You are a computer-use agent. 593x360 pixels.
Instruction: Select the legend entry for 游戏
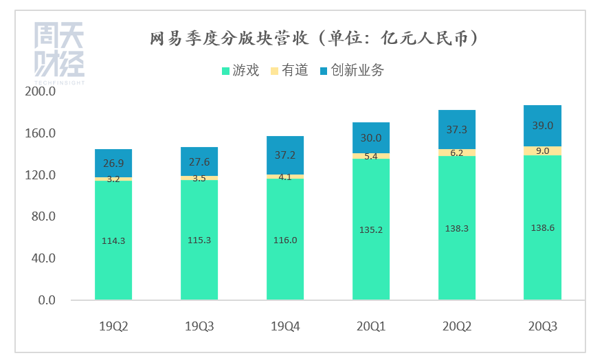point(240,70)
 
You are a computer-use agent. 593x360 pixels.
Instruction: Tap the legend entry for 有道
point(291,70)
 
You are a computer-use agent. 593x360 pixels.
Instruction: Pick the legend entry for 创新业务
point(351,70)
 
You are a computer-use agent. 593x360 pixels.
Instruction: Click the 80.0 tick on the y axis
point(42,216)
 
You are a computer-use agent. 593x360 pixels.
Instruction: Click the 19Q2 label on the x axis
point(113,326)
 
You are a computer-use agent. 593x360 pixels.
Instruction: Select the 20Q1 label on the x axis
point(371,326)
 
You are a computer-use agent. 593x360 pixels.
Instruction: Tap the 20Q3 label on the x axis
point(542,326)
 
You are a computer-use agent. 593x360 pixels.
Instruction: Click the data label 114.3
point(113,240)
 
